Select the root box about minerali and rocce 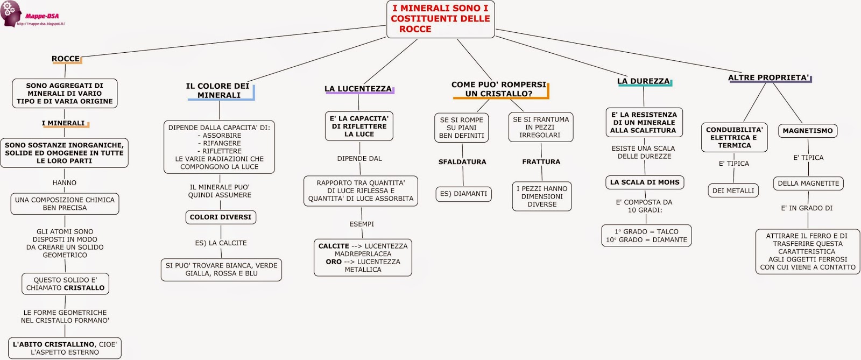coord(440,19)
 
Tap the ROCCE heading coord(66,59)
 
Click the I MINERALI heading coord(63,123)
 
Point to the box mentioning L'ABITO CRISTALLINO coord(65,348)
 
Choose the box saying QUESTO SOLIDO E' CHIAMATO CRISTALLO coord(65,284)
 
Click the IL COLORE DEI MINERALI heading coord(218,90)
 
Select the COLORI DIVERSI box coord(221,217)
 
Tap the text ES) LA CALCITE coord(221,243)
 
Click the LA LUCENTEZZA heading coord(358,89)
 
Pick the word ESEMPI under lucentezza coord(362,224)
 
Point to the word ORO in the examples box coord(334,262)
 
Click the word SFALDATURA coord(462,162)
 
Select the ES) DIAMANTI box coord(463,194)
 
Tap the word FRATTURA coord(541,162)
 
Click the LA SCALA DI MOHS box coord(645,182)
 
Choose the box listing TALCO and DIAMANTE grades coord(646,236)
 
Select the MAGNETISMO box coord(807,131)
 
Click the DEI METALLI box coord(733,190)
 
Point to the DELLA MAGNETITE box coord(808,183)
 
